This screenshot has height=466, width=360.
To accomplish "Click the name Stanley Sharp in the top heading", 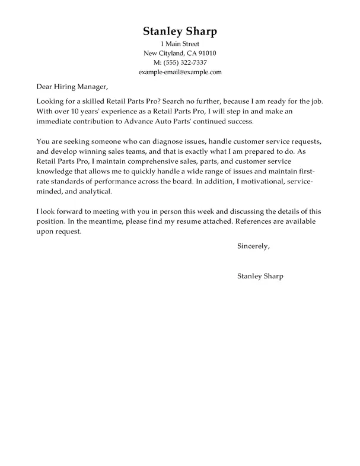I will [179, 31].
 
